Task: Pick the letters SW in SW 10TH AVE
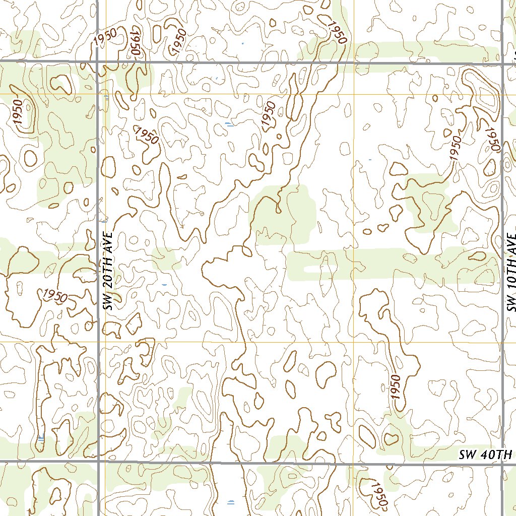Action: tap(512, 304)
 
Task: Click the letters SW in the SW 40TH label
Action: tap(469, 455)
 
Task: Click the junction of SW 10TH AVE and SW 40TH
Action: tap(503, 463)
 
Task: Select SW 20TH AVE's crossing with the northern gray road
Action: tap(97, 62)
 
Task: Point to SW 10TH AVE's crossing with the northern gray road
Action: tap(503, 63)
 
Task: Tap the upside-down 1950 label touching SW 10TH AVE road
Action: tap(491, 139)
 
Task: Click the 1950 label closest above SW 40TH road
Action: tap(396, 386)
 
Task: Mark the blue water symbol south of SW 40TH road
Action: tap(231, 502)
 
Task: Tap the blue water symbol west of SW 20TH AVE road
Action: tap(41, 438)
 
